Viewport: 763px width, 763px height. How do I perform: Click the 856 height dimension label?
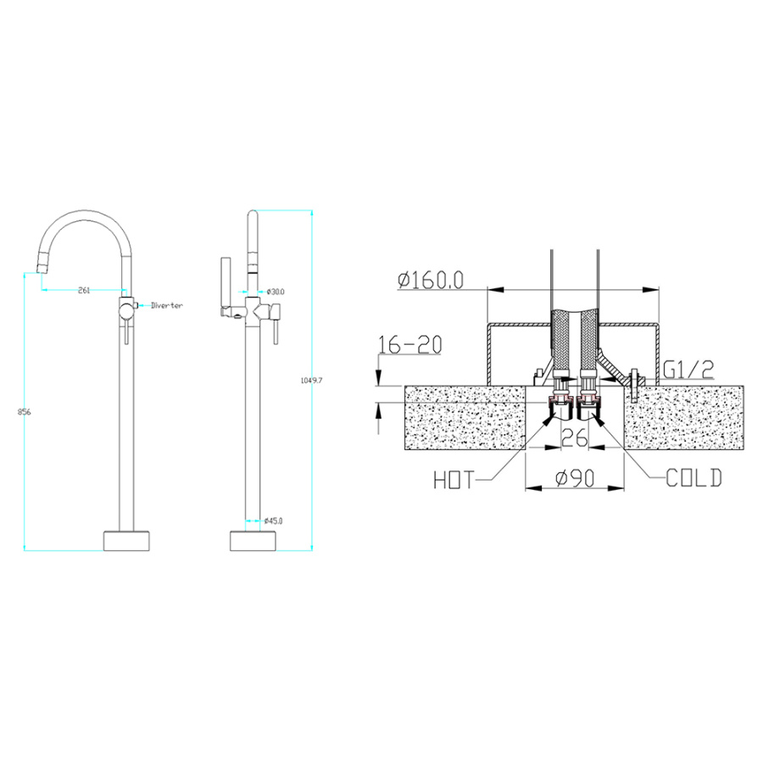(x=25, y=411)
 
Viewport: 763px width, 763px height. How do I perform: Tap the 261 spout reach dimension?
(x=84, y=291)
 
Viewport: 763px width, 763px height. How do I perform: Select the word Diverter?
(x=167, y=305)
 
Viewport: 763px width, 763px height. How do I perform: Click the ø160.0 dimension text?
(x=430, y=280)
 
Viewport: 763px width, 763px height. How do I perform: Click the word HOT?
(x=454, y=481)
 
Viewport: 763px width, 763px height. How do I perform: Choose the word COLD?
(x=693, y=479)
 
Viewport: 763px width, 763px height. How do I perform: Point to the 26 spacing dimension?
(x=574, y=438)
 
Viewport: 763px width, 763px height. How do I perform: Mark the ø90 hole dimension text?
(x=576, y=479)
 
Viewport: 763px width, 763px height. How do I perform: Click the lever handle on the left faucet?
(x=125, y=331)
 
